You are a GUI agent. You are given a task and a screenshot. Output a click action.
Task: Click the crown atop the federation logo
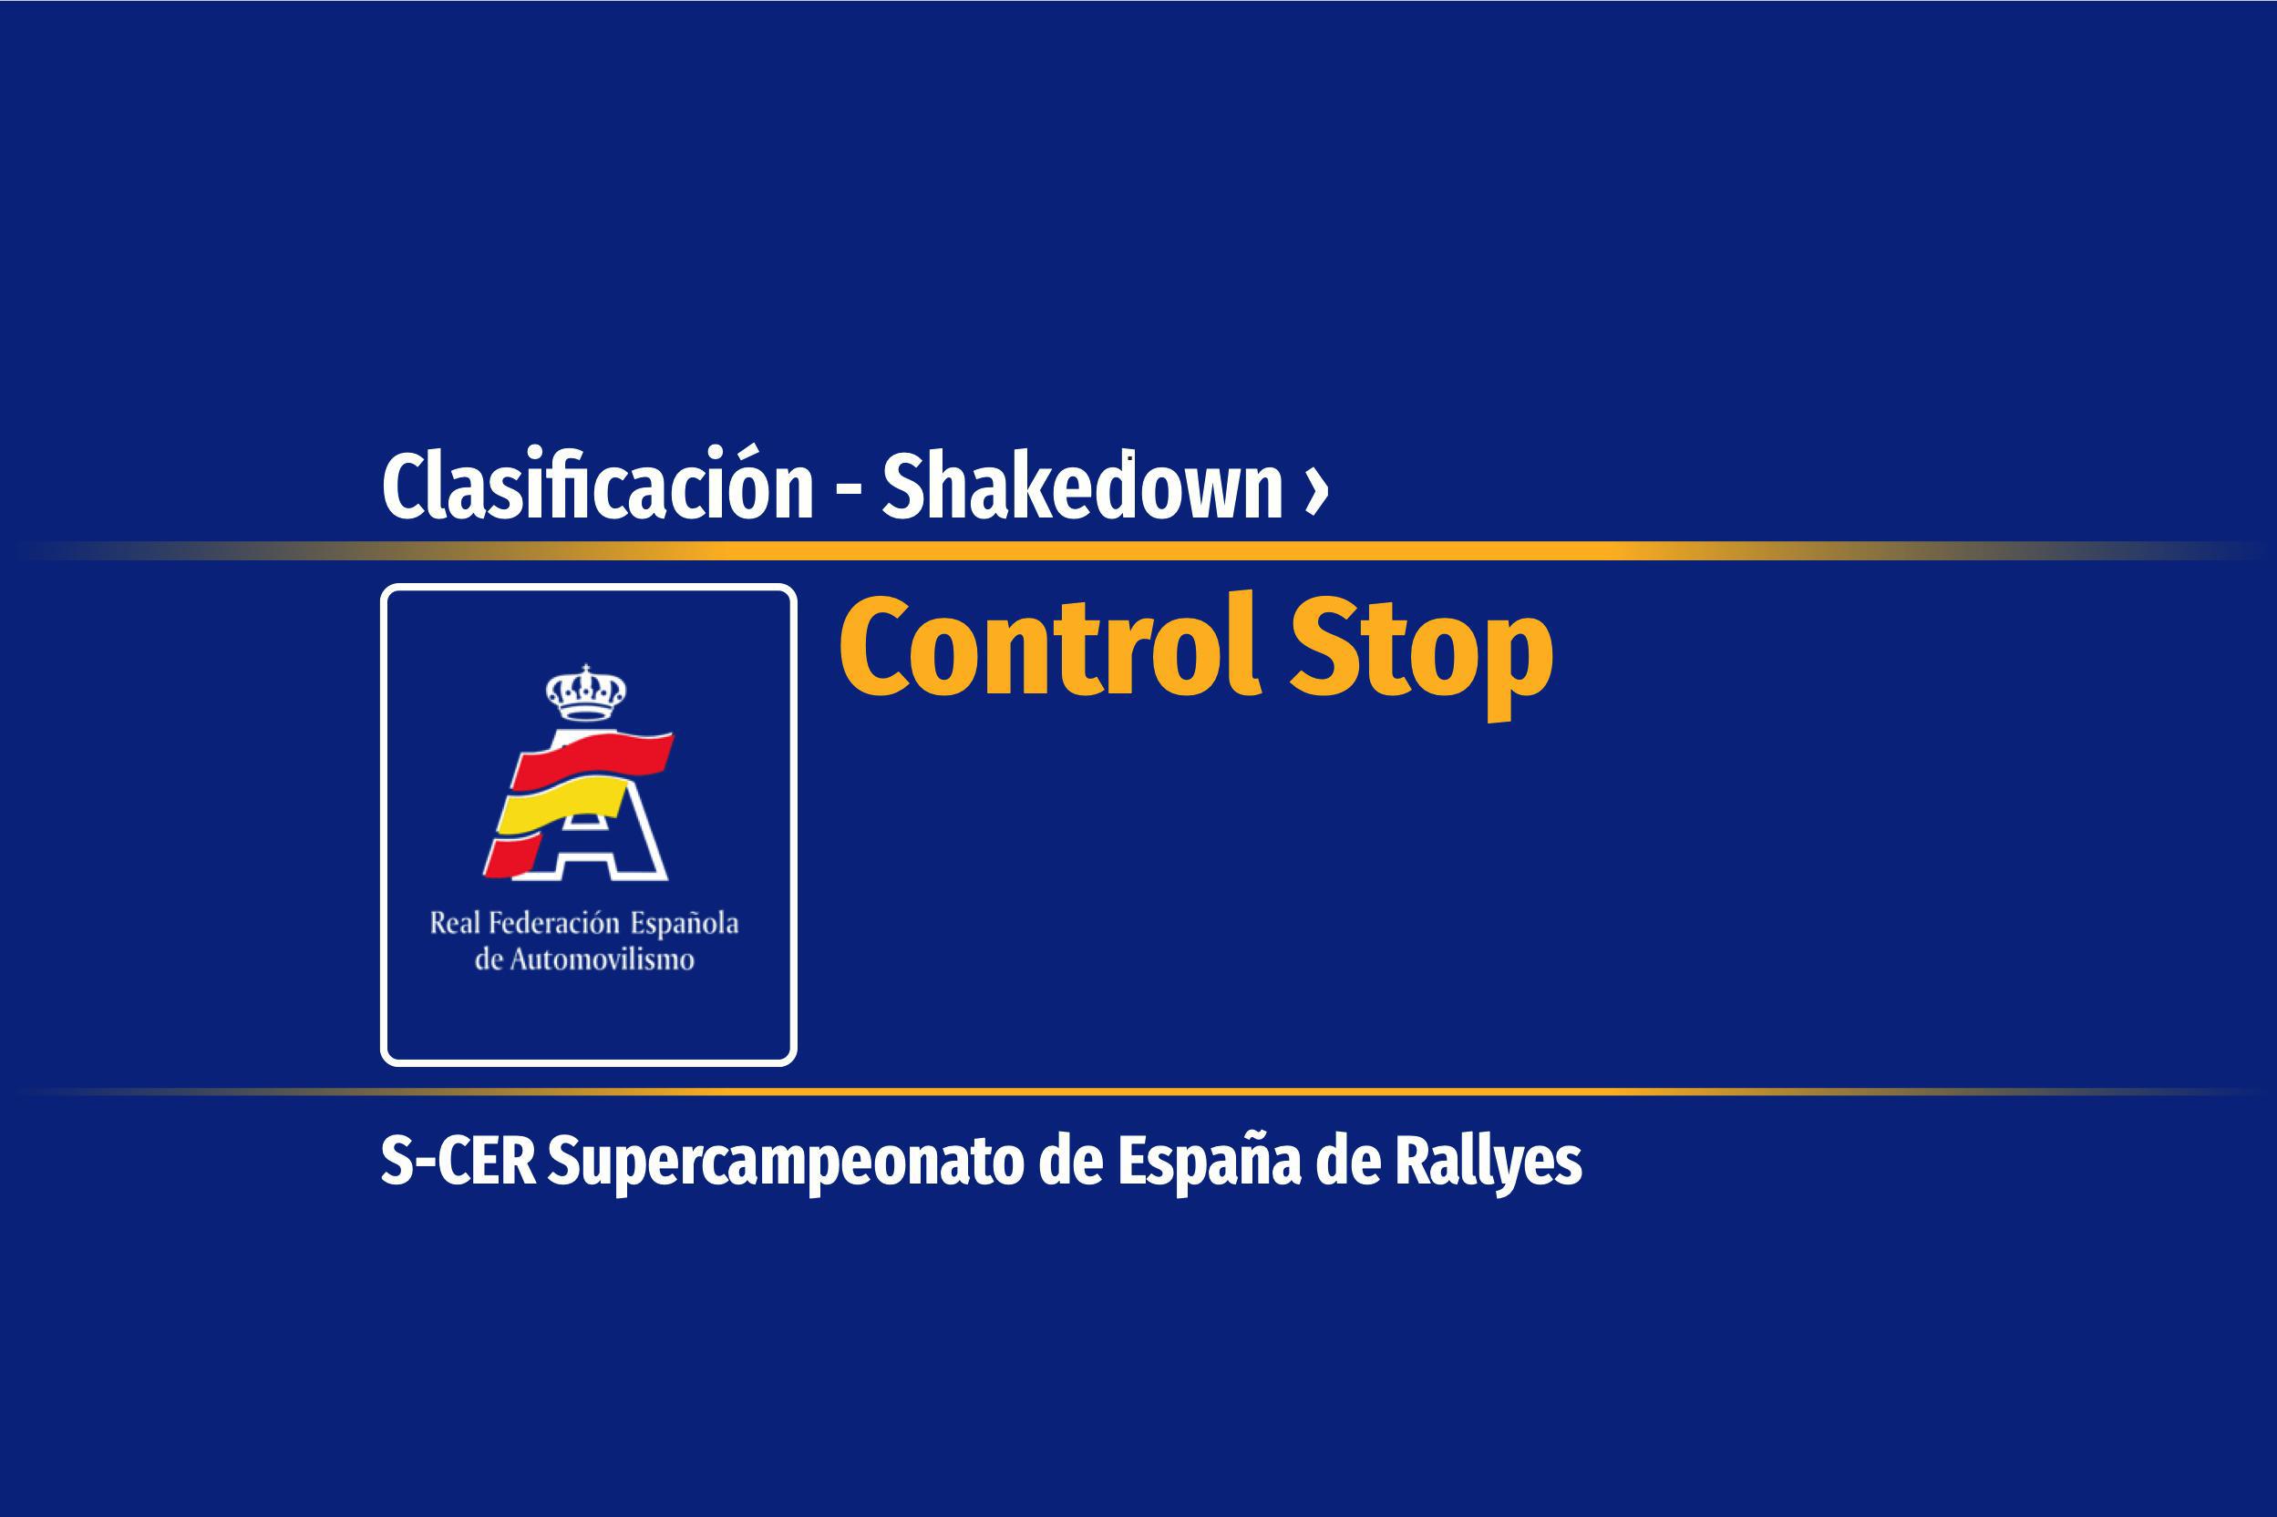pos(585,692)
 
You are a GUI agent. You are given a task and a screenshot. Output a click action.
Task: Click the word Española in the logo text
pos(685,924)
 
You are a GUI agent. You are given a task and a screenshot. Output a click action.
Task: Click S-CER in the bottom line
pos(458,1161)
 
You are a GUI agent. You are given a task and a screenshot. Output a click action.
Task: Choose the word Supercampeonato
pos(786,1163)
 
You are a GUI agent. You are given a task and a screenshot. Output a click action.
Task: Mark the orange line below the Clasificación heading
pos(1138,550)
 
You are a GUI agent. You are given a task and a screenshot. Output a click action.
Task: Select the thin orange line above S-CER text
pos(1138,1092)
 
